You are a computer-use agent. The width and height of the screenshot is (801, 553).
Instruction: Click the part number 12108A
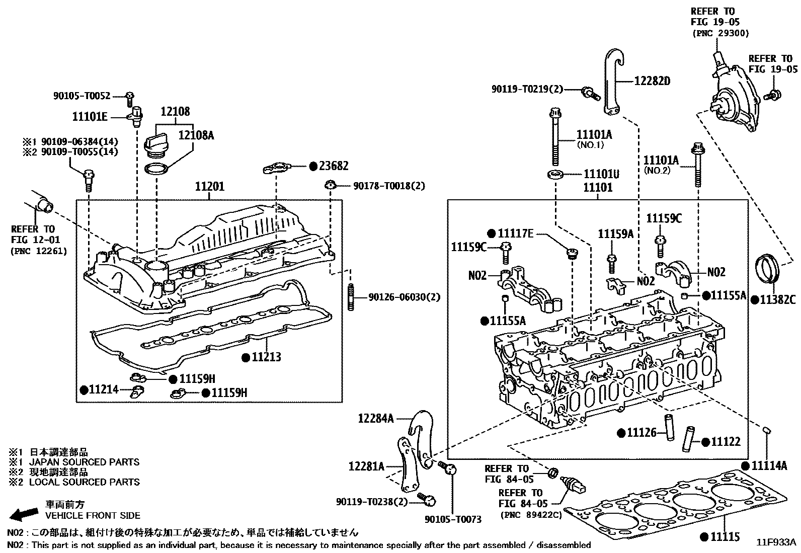tap(196, 135)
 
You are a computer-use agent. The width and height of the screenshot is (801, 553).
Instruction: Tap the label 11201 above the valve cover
tap(209, 187)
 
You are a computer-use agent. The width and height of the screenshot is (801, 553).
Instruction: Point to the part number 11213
tap(266, 357)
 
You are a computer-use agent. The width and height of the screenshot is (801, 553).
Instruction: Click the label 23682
tap(334, 166)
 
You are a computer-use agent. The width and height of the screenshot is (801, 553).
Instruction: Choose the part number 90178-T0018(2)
tap(389, 186)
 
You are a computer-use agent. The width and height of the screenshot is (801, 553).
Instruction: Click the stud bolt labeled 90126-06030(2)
tap(351, 297)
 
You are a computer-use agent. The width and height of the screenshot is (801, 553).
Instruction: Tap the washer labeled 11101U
tap(555, 175)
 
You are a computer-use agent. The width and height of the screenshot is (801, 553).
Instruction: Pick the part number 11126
tap(642, 433)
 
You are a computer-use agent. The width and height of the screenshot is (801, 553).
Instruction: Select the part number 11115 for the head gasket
tap(725, 536)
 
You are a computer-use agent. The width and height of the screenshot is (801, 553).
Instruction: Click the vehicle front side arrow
tap(24, 514)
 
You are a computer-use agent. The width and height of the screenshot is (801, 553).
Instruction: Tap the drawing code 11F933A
tap(776, 542)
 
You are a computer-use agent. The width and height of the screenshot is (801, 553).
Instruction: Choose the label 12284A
tap(376, 418)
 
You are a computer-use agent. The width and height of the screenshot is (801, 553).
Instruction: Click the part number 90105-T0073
tap(453, 519)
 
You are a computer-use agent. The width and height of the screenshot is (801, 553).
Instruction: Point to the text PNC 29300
tap(721, 33)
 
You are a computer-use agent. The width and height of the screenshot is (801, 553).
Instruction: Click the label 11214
tap(103, 389)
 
